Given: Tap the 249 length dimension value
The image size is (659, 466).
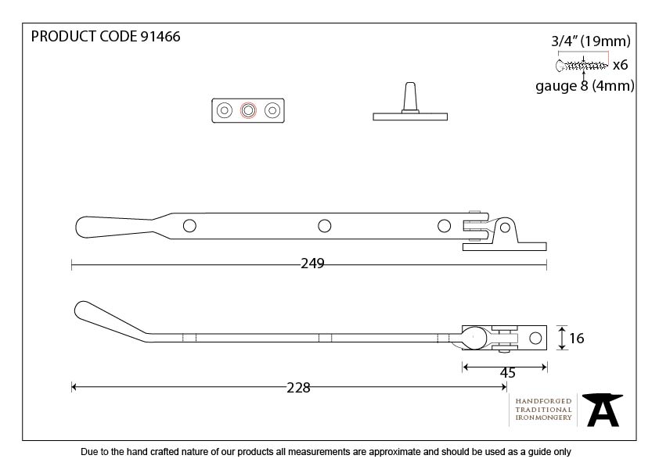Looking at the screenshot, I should click(312, 263).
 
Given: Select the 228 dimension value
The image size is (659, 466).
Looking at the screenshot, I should click(298, 387).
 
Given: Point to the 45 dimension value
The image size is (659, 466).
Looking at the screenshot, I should click(507, 373).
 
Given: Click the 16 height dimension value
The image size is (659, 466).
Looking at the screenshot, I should click(577, 339).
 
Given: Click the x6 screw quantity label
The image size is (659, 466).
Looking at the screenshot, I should click(620, 65).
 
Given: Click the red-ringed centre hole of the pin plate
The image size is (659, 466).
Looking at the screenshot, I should click(248, 111).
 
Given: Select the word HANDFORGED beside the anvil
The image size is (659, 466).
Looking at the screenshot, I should click(543, 401).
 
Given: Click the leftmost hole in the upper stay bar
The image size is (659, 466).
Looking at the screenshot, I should click(189, 226).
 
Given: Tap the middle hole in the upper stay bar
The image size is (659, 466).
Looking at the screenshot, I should click(324, 226).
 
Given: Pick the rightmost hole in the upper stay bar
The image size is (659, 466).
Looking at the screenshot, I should click(444, 226).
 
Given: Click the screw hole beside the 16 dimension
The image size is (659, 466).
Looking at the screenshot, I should click(536, 339).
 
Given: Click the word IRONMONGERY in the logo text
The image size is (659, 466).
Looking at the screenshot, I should click(543, 418).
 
